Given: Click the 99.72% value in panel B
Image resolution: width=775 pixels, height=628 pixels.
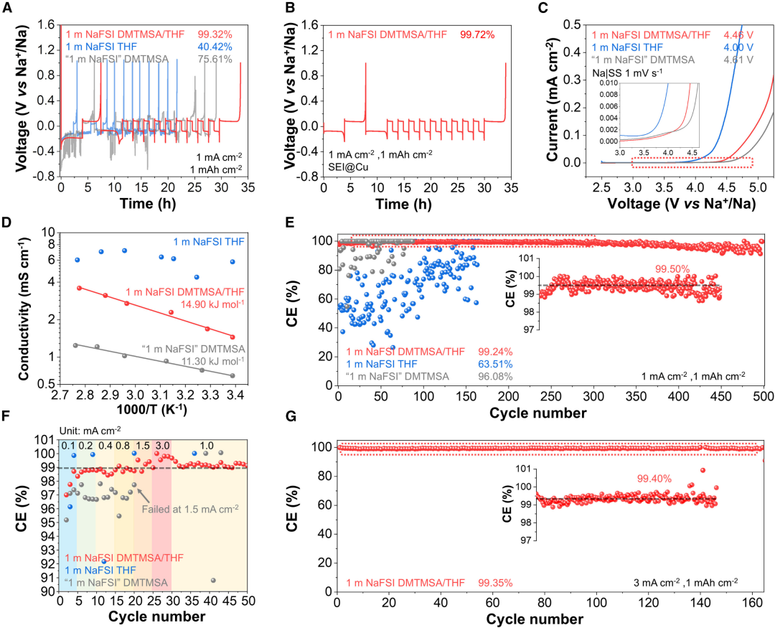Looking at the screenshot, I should pos(476,34).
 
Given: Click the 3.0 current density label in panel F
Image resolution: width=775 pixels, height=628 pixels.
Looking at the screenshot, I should pos(161,445).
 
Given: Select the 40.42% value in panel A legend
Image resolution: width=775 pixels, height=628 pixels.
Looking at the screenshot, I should pos(217,47).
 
